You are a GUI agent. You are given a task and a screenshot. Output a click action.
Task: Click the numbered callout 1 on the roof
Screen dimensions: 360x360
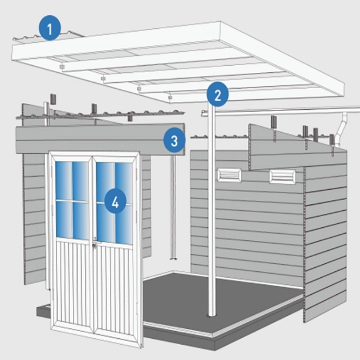50,28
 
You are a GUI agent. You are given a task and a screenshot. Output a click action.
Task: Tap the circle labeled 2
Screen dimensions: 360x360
217,94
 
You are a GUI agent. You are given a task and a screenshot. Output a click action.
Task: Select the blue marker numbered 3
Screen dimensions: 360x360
174,140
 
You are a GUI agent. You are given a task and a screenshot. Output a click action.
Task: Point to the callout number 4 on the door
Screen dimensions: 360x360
115,203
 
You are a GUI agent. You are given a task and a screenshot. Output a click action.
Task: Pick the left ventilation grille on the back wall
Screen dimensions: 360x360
227,174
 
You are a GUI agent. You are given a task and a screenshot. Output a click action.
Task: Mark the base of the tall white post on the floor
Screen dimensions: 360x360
211,314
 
